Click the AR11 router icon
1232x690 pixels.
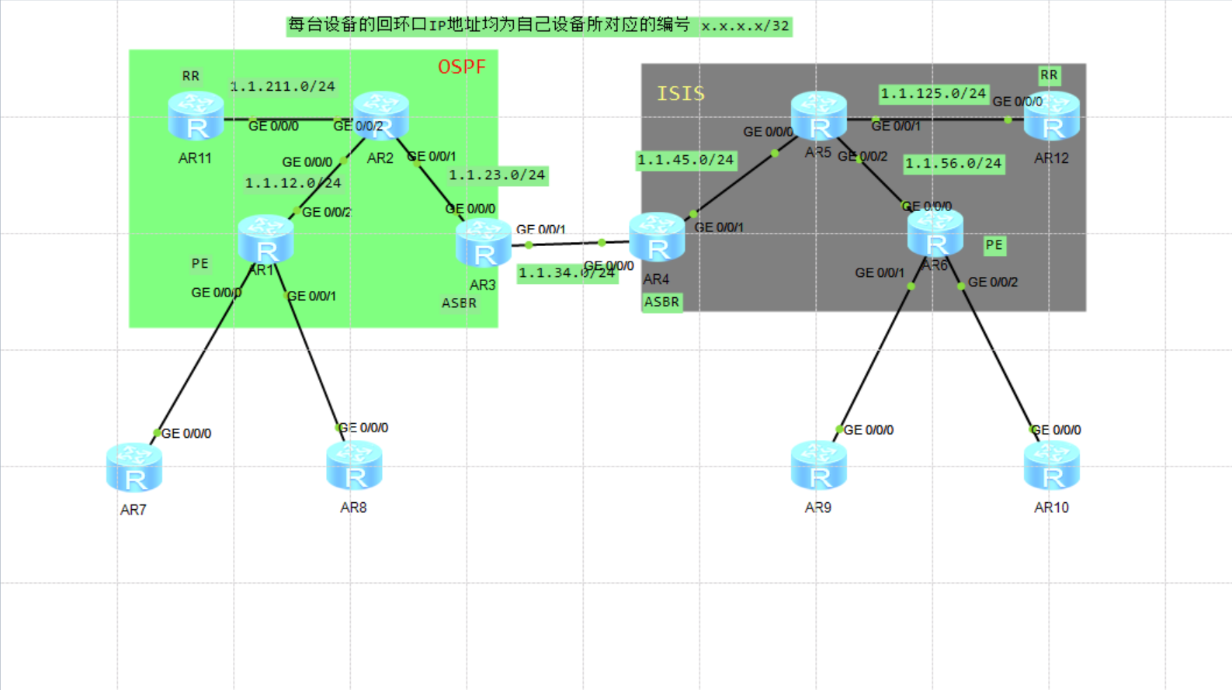tap(196, 116)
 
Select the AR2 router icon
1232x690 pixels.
tap(380, 115)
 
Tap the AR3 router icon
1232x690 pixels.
tap(483, 243)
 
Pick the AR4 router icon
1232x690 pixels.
tap(657, 238)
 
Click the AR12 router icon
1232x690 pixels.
tap(1051, 116)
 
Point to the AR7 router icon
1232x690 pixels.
tap(134, 468)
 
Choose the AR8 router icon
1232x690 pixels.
tap(354, 466)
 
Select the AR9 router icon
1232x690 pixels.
tap(818, 466)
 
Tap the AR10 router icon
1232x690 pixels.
tap(1051, 466)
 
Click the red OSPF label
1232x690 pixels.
tap(462, 67)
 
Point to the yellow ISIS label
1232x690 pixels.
tap(681, 94)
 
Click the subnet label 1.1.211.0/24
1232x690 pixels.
tap(283, 86)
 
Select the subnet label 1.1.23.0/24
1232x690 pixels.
tap(498, 175)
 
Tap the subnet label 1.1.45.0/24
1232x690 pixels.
tap(685, 160)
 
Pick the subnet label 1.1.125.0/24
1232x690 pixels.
tap(933, 94)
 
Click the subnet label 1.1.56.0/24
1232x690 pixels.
tap(953, 164)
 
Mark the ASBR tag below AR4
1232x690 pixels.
tap(661, 302)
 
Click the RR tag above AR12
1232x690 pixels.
tap(1049, 75)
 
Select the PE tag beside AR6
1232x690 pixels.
tap(994, 245)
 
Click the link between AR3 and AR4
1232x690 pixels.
tap(567, 244)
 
